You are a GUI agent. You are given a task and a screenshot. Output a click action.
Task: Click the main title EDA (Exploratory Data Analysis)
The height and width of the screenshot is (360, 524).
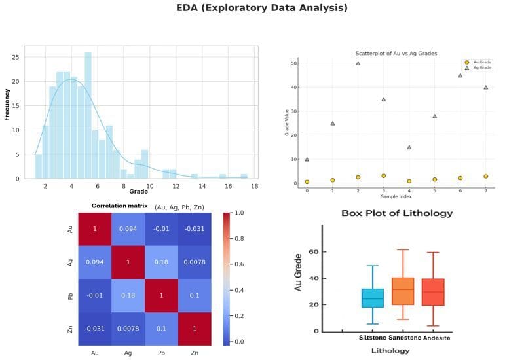click(262, 9)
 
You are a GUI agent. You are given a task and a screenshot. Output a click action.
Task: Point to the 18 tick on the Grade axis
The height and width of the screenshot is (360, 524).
click(254, 187)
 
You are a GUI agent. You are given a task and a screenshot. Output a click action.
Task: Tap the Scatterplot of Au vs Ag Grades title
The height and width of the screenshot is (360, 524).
click(396, 53)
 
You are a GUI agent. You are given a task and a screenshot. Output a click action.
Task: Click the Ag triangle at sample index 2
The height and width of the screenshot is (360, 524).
click(358, 63)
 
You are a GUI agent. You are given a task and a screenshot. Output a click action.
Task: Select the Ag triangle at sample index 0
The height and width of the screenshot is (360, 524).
click(307, 159)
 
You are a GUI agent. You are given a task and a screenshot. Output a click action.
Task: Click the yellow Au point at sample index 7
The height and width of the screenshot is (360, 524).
click(485, 176)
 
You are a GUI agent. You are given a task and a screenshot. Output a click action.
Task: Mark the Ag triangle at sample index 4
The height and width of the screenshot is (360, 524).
click(409, 147)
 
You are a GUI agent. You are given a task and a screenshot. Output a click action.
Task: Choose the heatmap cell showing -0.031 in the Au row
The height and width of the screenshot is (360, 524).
click(195, 228)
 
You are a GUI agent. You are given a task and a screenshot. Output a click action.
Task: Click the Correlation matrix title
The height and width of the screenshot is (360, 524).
click(119, 206)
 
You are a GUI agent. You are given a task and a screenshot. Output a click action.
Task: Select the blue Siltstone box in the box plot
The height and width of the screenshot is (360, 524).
click(373, 298)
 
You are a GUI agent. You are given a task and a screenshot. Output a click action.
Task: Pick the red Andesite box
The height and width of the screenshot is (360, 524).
click(433, 291)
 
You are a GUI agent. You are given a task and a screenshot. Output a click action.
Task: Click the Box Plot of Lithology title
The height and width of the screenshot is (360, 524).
click(397, 213)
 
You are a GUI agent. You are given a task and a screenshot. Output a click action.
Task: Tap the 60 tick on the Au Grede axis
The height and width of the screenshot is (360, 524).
click(314, 252)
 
